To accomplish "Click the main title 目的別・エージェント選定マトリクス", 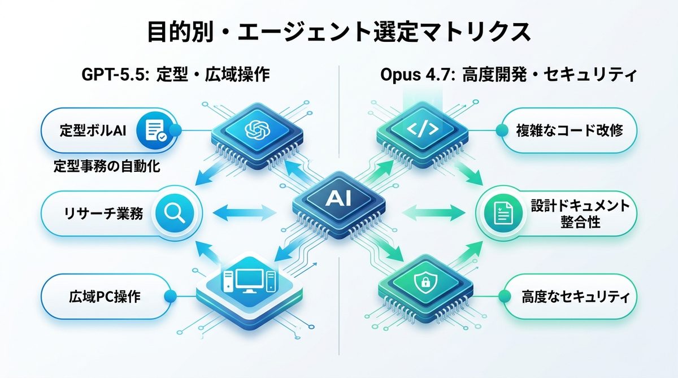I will pos(339,32).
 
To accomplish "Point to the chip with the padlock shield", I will pos(423,283).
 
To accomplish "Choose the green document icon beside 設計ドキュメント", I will pos(502,213).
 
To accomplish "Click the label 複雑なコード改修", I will pos(570,131).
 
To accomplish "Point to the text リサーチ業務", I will pos(102,213).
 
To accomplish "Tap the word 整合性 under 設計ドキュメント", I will pos(577,224).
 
